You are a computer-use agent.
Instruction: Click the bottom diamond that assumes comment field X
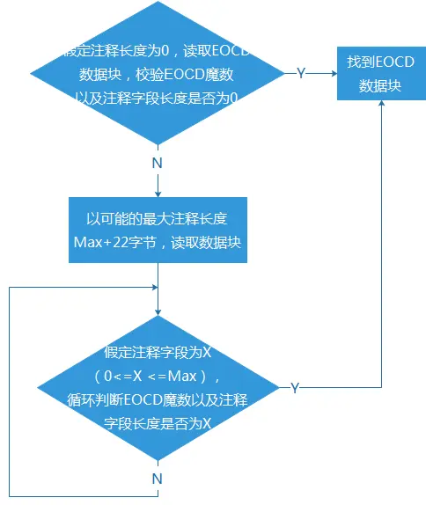pos(157,387)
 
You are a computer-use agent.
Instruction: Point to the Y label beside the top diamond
pos(300,74)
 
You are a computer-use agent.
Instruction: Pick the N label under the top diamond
pos(157,163)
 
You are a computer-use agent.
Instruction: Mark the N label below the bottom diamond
pos(157,479)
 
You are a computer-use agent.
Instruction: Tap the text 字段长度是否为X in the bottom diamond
pos(157,421)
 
